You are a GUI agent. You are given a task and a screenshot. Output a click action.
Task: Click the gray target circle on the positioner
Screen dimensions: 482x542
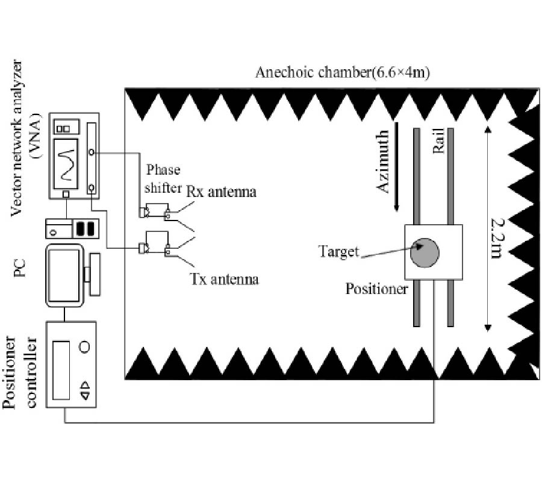click(x=425, y=252)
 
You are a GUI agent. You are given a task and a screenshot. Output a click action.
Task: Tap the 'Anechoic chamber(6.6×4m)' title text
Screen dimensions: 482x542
click(x=342, y=73)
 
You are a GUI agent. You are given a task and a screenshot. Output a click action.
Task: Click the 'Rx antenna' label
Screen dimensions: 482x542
click(x=221, y=192)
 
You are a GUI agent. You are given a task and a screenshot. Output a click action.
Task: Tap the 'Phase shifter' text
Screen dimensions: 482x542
click(x=161, y=179)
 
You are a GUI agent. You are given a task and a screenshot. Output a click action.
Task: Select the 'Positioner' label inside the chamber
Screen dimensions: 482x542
click(x=377, y=289)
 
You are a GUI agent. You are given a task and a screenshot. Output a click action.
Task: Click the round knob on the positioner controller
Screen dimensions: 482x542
click(x=85, y=347)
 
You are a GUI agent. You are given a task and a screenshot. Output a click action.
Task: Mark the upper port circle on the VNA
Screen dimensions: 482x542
click(x=91, y=154)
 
